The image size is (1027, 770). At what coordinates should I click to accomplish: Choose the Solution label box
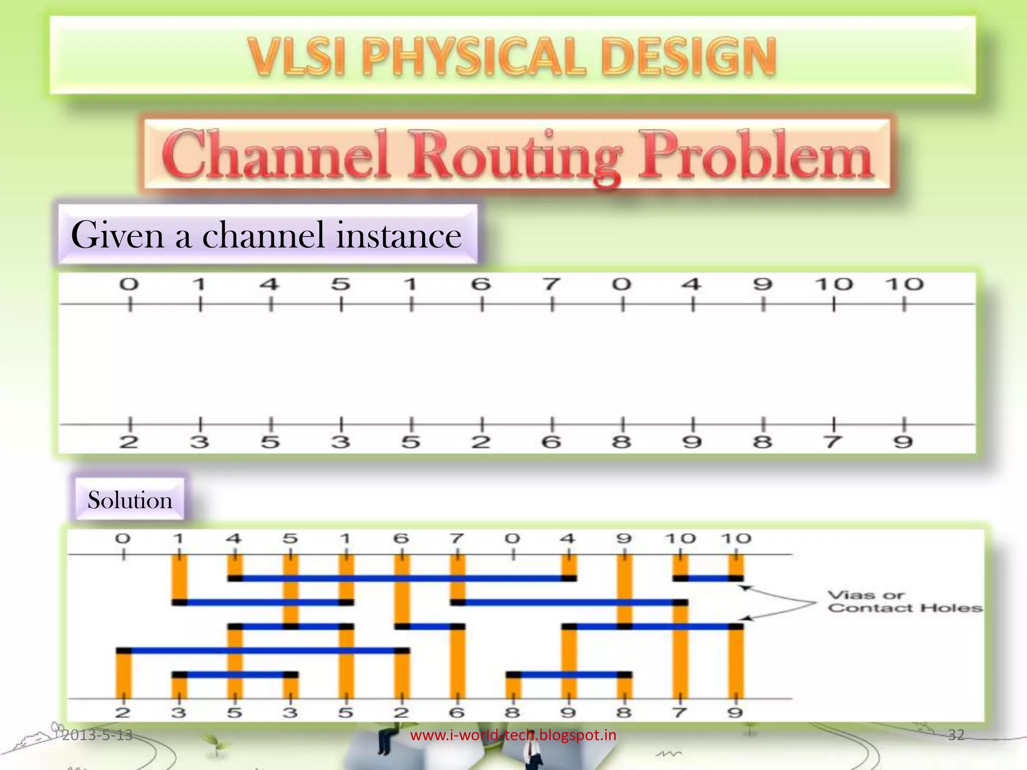click(x=130, y=500)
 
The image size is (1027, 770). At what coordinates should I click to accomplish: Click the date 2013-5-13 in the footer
click(x=97, y=735)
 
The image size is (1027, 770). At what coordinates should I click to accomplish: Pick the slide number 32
click(x=956, y=735)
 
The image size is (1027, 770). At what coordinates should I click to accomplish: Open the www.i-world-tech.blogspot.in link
click(x=513, y=735)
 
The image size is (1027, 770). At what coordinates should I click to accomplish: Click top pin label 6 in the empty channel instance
click(x=481, y=285)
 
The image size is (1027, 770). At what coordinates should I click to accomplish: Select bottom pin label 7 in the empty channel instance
click(x=833, y=442)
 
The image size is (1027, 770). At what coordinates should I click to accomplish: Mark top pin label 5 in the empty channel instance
click(x=340, y=285)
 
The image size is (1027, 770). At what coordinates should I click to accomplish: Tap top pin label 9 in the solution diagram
click(x=624, y=539)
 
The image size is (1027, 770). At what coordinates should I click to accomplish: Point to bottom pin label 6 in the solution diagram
click(x=456, y=712)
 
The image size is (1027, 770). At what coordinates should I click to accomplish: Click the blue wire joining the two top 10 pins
click(x=708, y=579)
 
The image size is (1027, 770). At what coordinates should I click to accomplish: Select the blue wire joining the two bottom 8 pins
click(x=569, y=675)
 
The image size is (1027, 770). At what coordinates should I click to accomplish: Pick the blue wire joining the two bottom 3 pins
click(x=235, y=675)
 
